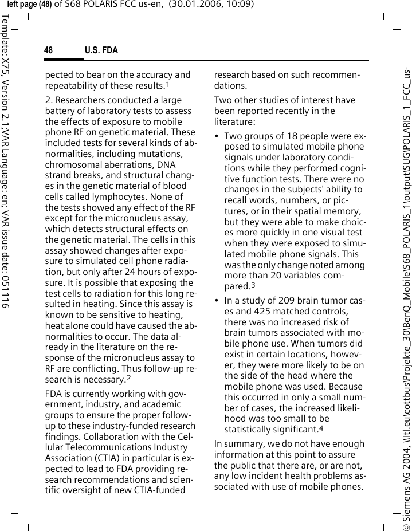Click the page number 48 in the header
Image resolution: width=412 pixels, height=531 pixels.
[x=49, y=51]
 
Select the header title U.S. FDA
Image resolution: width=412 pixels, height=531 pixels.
[x=101, y=51]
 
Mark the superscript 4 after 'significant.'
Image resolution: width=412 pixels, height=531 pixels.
[x=321, y=428]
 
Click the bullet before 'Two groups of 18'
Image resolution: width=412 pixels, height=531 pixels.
[x=217, y=137]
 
